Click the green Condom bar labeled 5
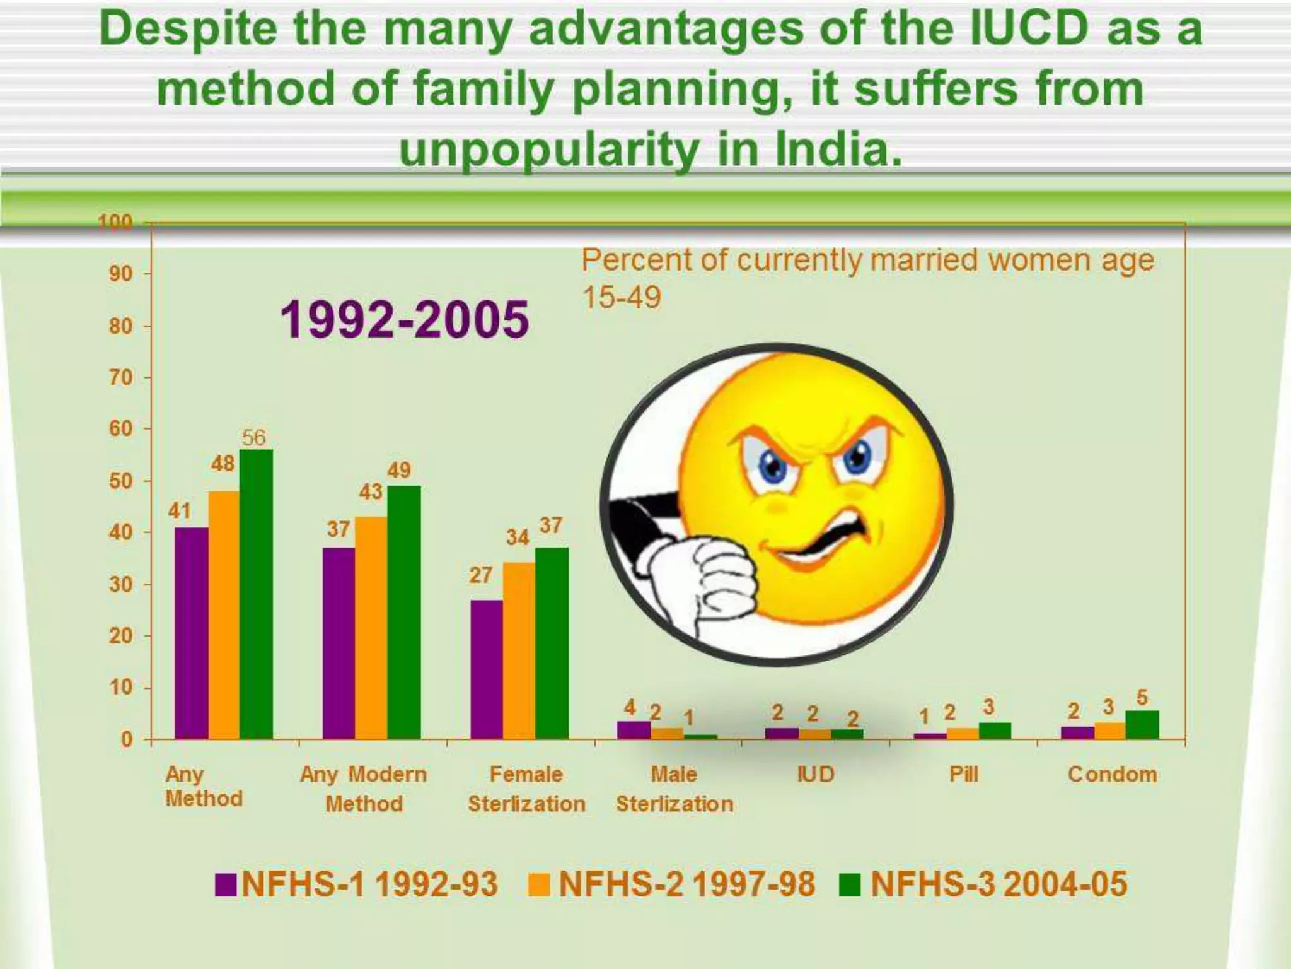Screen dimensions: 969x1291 1142,725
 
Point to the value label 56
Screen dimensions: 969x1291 253,437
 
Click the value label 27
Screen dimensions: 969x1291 480,575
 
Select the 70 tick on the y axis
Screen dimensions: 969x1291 120,377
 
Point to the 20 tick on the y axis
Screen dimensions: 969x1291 120,636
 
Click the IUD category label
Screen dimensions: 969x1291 815,774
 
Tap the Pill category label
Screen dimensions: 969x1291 963,774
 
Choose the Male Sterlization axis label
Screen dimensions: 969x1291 674,789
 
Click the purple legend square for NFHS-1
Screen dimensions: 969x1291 225,884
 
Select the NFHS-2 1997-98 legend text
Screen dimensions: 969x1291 686,884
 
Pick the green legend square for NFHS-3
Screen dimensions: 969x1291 850,884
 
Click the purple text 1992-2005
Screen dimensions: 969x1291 404,319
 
